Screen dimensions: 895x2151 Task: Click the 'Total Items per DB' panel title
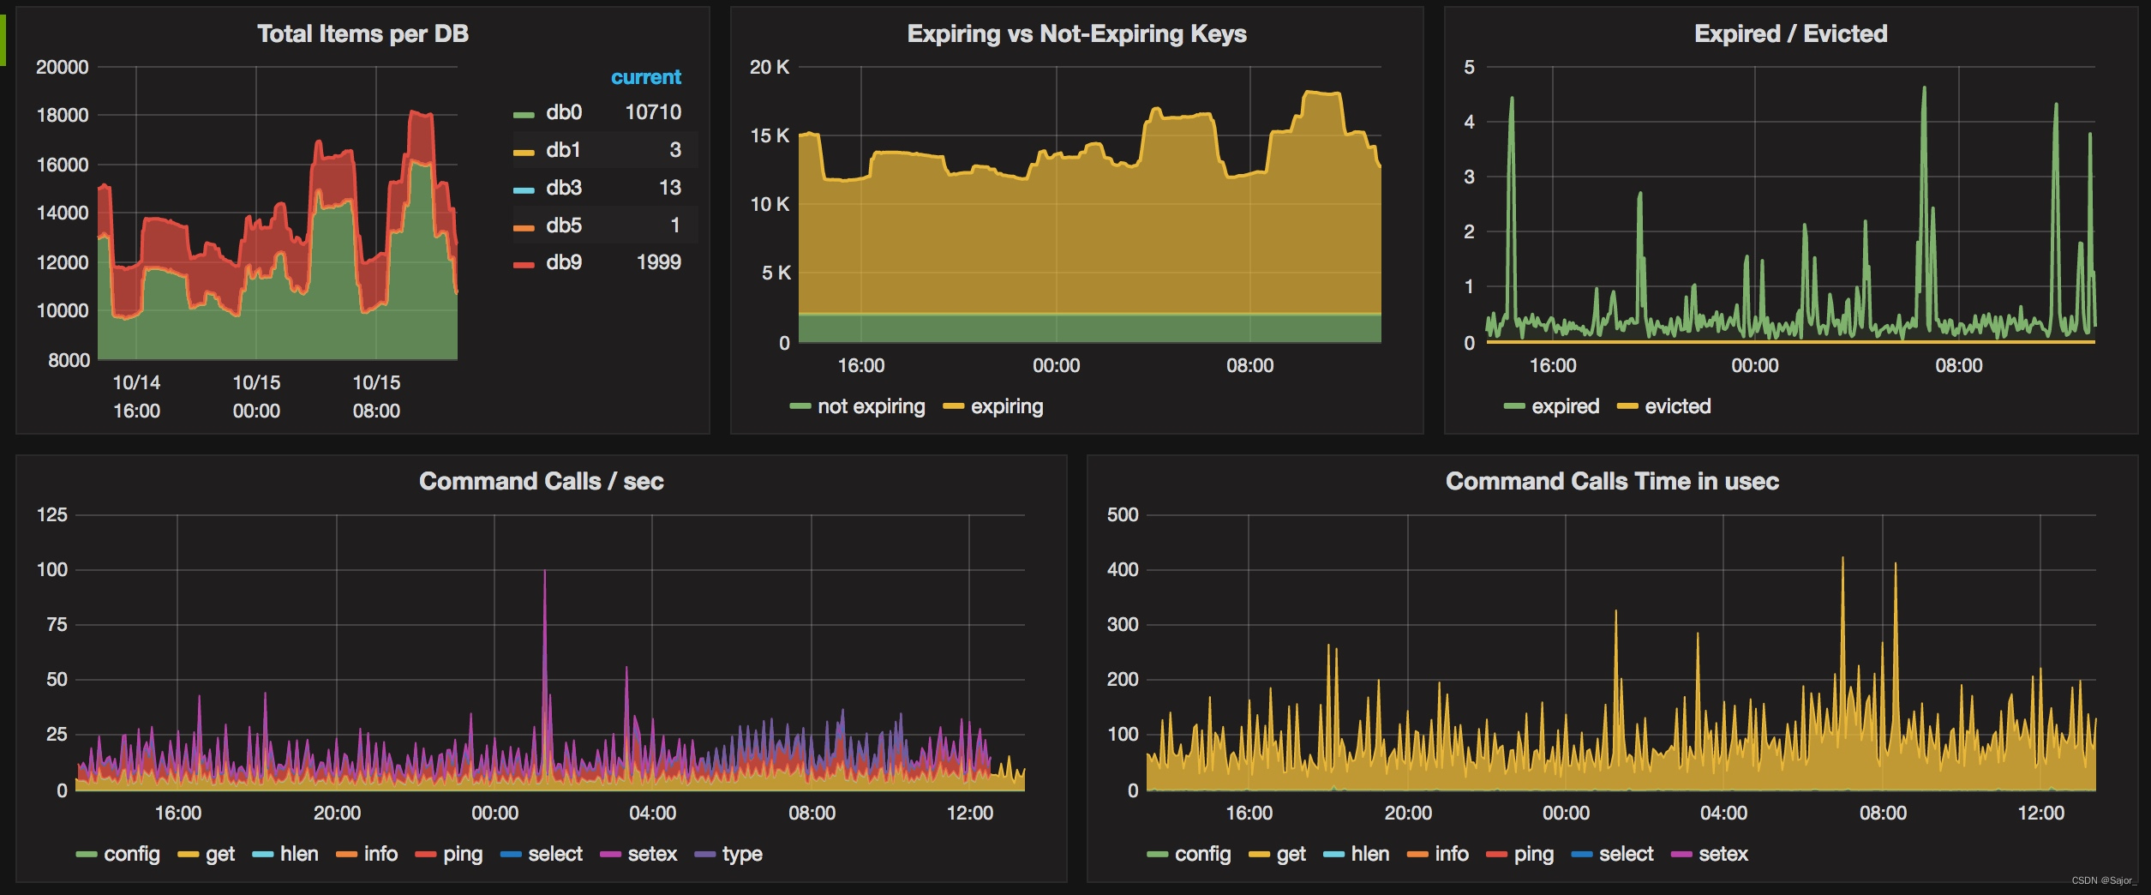click(x=362, y=34)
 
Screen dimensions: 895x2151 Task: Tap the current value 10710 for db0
click(x=653, y=112)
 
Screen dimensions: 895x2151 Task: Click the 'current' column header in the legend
click(x=645, y=77)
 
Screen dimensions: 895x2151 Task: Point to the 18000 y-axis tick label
click(x=63, y=116)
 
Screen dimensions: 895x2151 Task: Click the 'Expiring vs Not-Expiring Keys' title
click(x=1076, y=34)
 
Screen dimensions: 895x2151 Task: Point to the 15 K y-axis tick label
click(x=770, y=135)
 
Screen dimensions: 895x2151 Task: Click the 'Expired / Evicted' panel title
click(x=1790, y=34)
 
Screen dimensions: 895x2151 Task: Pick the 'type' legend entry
click(x=741, y=854)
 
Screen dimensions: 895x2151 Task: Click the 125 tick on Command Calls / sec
click(x=52, y=515)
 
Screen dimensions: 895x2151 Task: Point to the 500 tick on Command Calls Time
click(x=1123, y=515)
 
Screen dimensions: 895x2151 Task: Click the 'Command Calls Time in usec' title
click(x=1612, y=482)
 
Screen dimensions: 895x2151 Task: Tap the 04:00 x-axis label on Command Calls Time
click(x=1723, y=813)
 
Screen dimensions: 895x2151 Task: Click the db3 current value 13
click(x=670, y=188)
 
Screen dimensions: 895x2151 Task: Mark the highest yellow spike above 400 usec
click(x=1842, y=560)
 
